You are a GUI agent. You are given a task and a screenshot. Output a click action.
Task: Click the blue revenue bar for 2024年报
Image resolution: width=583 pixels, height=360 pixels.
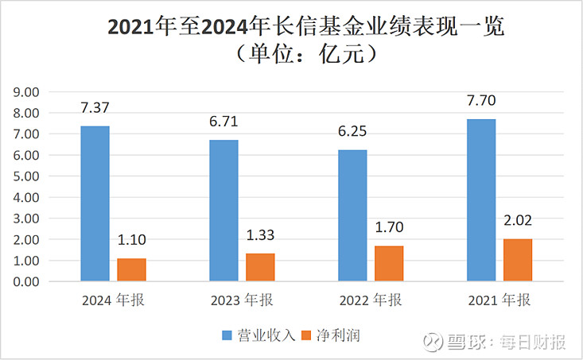pos(95,203)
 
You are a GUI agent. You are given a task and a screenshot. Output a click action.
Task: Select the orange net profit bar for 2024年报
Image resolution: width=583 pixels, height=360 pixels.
pos(131,269)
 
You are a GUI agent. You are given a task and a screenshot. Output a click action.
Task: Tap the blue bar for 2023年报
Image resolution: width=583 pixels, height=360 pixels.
pos(223,211)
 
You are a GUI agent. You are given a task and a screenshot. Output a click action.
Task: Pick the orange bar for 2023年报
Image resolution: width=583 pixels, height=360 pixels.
pos(260,267)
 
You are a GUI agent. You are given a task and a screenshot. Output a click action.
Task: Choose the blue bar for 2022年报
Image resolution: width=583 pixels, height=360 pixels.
pos(352,215)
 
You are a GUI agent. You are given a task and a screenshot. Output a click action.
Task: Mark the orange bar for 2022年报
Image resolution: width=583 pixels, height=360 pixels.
pos(389,263)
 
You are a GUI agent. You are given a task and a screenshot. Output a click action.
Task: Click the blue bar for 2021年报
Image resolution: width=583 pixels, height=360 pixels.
pos(481,200)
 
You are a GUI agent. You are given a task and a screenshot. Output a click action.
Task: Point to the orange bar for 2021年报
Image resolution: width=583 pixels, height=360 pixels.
pos(518,260)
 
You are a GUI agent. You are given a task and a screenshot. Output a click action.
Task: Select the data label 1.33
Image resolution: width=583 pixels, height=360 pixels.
pos(260,236)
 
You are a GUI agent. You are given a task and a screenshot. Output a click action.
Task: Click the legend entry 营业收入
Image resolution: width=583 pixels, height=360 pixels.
pos(258,336)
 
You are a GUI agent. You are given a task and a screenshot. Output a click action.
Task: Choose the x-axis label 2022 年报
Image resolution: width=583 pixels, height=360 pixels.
pos(370,302)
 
